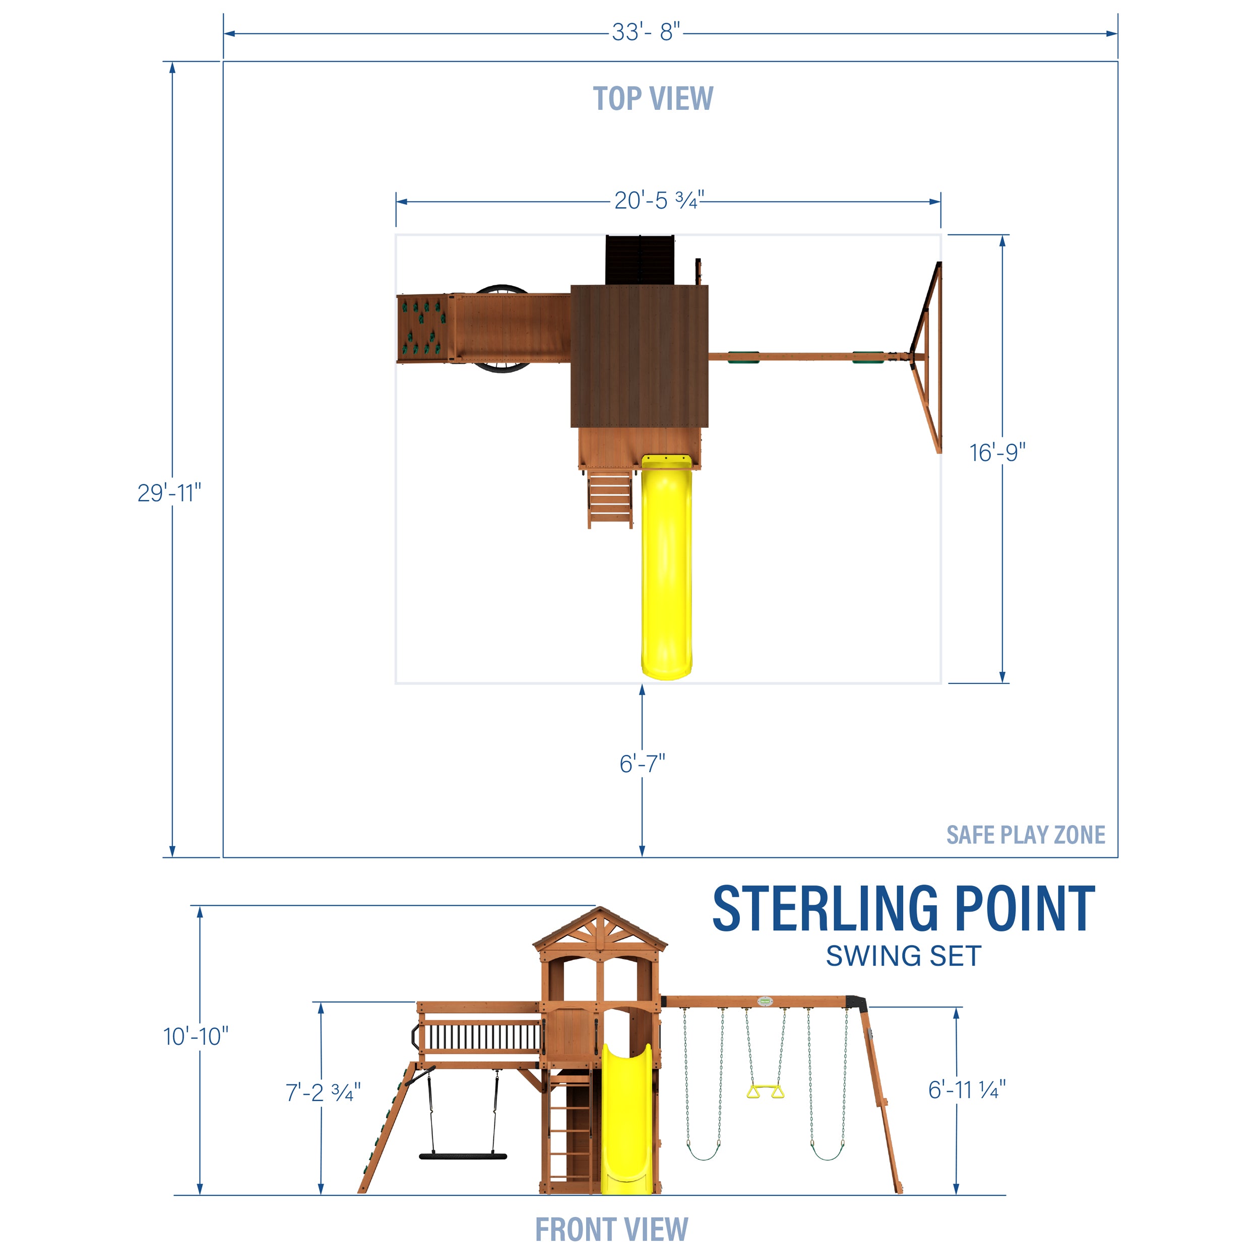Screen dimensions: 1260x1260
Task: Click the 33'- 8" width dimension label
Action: click(646, 33)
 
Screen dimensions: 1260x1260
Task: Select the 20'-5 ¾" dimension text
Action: click(659, 200)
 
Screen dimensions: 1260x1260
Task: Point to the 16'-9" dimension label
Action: click(997, 453)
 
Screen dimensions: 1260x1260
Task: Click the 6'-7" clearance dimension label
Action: click(643, 763)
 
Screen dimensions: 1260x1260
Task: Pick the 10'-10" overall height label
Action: click(196, 1036)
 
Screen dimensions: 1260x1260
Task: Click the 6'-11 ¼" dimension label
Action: click(967, 1089)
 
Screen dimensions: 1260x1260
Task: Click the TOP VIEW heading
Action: click(653, 99)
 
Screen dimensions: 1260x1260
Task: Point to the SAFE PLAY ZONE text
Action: click(1025, 835)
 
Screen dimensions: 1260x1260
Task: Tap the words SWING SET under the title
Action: click(903, 957)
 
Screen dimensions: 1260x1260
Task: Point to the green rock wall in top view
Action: click(424, 328)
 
